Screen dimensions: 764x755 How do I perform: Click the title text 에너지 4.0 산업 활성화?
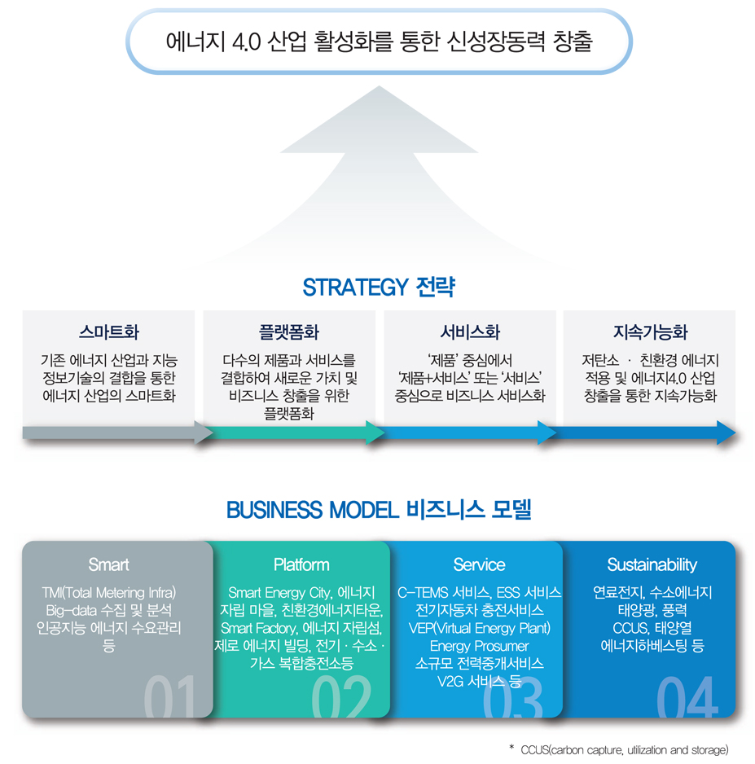378,42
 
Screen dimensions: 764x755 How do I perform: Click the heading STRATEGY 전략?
378,288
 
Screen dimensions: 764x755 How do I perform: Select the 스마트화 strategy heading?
109,332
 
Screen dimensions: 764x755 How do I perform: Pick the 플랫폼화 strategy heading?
289,332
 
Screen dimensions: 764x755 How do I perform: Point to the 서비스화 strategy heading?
470,332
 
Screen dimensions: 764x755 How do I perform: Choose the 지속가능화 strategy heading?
650,332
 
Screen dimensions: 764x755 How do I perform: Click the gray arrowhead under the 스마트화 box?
204,432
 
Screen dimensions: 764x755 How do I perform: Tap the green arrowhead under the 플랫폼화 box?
375,432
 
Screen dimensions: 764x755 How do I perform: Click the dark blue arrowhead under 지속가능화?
726,432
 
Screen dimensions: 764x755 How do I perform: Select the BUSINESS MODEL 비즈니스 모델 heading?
378,510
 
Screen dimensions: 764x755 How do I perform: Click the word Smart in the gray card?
109,564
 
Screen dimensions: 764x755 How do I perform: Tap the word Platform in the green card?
301,564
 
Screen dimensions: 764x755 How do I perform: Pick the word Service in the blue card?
479,564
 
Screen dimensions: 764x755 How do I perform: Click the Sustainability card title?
652,564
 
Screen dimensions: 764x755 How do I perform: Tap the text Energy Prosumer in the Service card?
479,646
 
